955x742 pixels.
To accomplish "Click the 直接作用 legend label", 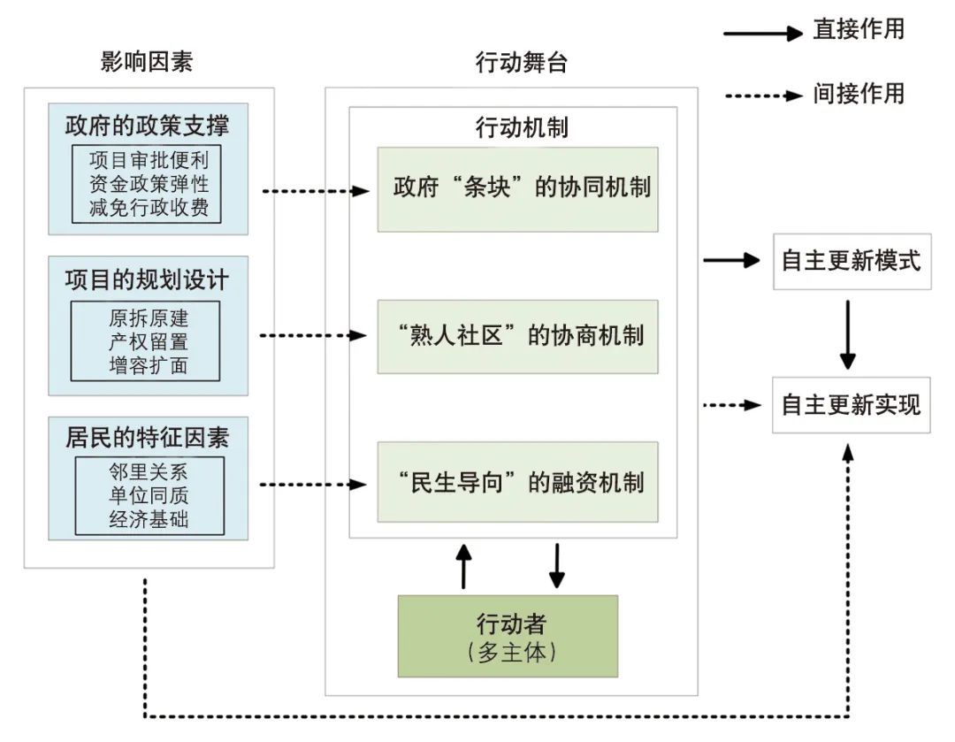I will pyautogui.click(x=859, y=29).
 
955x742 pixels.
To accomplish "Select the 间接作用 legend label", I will pyautogui.click(x=859, y=93).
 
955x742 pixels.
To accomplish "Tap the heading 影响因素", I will pyautogui.click(x=148, y=62).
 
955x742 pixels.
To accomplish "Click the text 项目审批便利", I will pyautogui.click(x=148, y=162).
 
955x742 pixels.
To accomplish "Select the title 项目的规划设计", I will pyautogui.click(x=147, y=280).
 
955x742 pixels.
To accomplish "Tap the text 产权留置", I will pyautogui.click(x=148, y=341).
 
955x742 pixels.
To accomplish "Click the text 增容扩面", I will pyautogui.click(x=148, y=365).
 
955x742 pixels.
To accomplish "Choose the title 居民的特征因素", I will pyautogui.click(x=147, y=436).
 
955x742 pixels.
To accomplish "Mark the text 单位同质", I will pyautogui.click(x=149, y=495).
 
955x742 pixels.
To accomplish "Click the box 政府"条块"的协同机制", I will pyautogui.click(x=517, y=189).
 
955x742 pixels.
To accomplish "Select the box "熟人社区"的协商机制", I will pyautogui.click(x=517, y=336).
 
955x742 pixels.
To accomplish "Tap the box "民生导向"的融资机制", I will pyautogui.click(x=517, y=483).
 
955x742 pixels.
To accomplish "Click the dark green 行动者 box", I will pyautogui.click(x=508, y=636).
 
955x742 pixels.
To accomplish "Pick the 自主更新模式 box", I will pyautogui.click(x=851, y=261).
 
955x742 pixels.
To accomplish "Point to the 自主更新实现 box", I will pyautogui.click(x=851, y=405).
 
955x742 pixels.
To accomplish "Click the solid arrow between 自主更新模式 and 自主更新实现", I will pyautogui.click(x=848, y=333).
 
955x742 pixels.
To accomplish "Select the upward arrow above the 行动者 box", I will pyautogui.click(x=462, y=566).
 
